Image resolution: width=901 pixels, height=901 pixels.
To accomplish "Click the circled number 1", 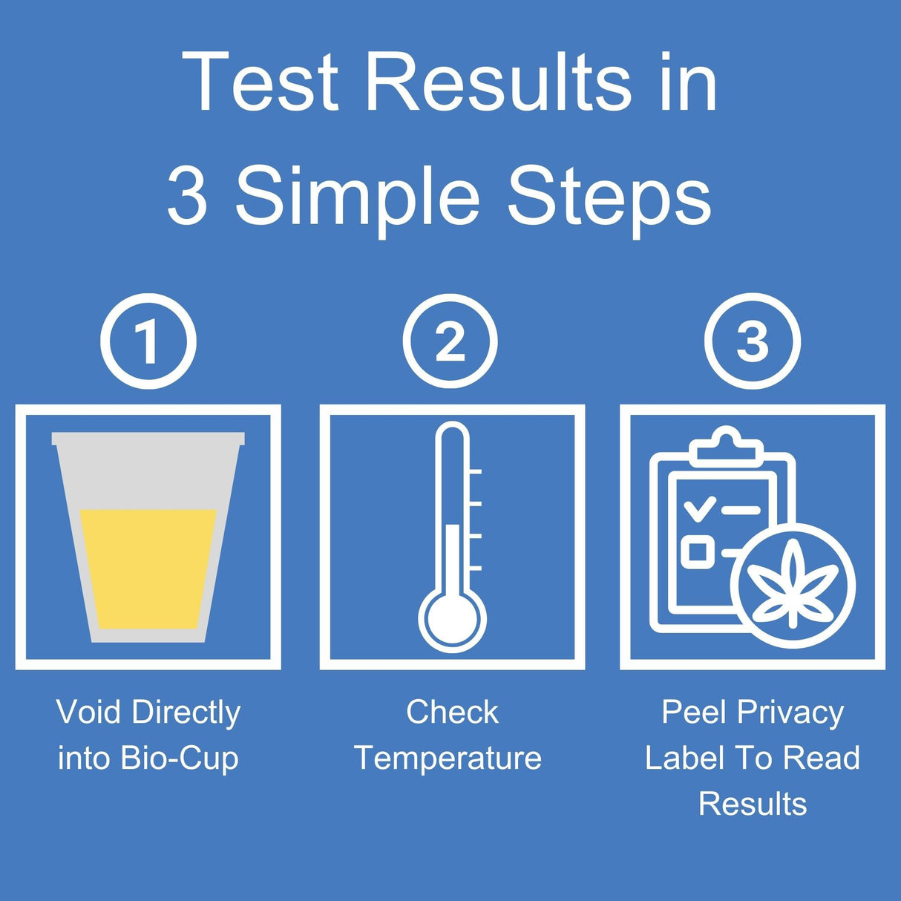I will pyautogui.click(x=148, y=341).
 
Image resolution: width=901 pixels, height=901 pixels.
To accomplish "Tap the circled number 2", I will pyautogui.click(x=450, y=341).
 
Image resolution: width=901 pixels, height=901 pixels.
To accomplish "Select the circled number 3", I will pyautogui.click(x=753, y=341).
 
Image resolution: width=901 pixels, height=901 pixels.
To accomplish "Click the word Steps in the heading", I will pyautogui.click(x=609, y=197).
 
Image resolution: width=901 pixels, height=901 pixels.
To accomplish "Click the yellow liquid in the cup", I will pyautogui.click(x=148, y=568).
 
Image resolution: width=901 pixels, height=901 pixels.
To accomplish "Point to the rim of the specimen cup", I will pyautogui.click(x=148, y=439).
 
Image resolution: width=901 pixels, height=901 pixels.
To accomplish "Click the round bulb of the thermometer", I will pyautogui.click(x=452, y=617).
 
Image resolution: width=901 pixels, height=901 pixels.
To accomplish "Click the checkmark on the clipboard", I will pyautogui.click(x=700, y=509).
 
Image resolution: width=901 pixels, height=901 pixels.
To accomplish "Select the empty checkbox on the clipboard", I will pyautogui.click(x=698, y=551).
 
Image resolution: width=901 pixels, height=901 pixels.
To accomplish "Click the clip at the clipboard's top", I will pyautogui.click(x=726, y=445).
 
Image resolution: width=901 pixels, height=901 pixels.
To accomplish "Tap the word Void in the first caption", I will pyautogui.click(x=88, y=712).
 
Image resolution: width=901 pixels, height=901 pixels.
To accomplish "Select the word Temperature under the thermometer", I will pyautogui.click(x=448, y=759).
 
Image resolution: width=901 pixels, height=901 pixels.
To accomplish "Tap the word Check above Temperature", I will pyautogui.click(x=452, y=712).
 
